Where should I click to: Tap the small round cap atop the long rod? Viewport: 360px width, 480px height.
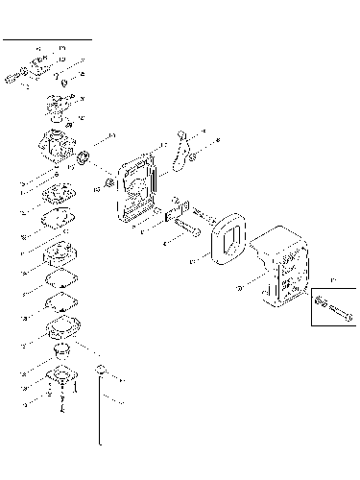[x=100, y=370]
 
